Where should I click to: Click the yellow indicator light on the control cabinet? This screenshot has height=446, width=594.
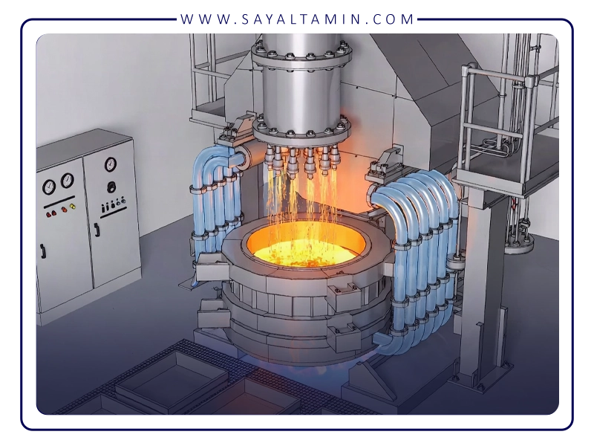pos(72,207)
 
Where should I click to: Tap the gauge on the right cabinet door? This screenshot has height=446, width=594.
pos(110,164)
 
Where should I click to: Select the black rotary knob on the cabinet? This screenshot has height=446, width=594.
pos(111,187)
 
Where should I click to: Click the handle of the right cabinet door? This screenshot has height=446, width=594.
pos(97,230)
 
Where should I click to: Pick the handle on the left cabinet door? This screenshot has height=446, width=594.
pos(43,251)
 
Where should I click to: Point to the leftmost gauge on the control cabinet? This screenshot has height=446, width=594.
pos(49,187)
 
